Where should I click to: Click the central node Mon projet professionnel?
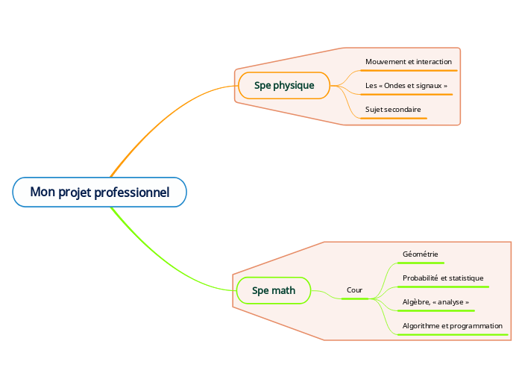(x=99, y=193)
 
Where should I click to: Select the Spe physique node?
(x=284, y=86)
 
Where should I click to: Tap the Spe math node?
(x=274, y=290)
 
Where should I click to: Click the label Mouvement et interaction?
(x=408, y=61)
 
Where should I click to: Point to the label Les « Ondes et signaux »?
(x=406, y=86)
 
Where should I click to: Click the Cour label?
(x=354, y=290)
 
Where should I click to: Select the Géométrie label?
(x=421, y=254)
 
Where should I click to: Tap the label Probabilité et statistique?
(x=443, y=278)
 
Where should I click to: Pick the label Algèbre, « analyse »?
(x=435, y=302)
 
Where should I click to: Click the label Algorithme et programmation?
(x=452, y=326)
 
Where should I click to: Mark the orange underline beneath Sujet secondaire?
(x=393, y=118)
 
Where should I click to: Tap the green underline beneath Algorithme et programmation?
(x=452, y=335)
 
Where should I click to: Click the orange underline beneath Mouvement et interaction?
(x=408, y=70)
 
